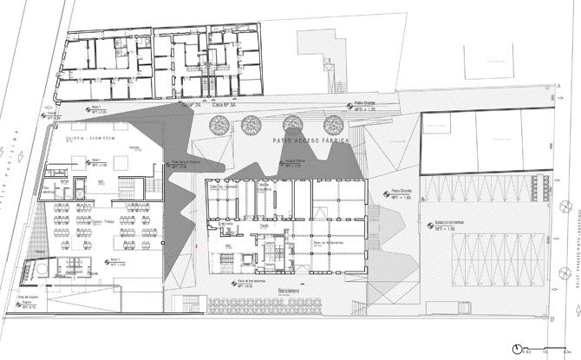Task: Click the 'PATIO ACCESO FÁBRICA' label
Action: click(x=309, y=140)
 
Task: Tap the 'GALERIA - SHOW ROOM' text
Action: click(x=81, y=138)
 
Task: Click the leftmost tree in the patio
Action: click(x=217, y=125)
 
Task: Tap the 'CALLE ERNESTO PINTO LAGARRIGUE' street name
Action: click(x=573, y=234)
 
